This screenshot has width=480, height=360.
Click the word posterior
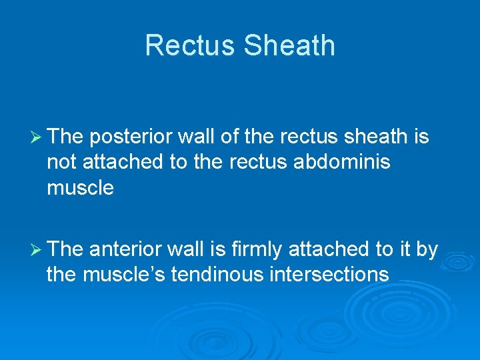pyautogui.click(x=129, y=137)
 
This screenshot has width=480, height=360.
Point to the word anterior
pyautogui.click(x=126, y=250)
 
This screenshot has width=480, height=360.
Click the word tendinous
pyautogui.click(x=212, y=275)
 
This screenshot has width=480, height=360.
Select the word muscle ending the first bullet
pyautogui.click(x=80, y=188)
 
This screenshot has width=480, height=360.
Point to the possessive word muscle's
pyautogui.click(x=127, y=275)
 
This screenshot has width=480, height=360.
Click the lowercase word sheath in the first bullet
pyautogui.click(x=375, y=137)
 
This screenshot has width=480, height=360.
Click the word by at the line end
pyautogui.click(x=426, y=250)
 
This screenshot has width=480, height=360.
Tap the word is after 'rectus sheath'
pyautogui.click(x=421, y=137)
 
